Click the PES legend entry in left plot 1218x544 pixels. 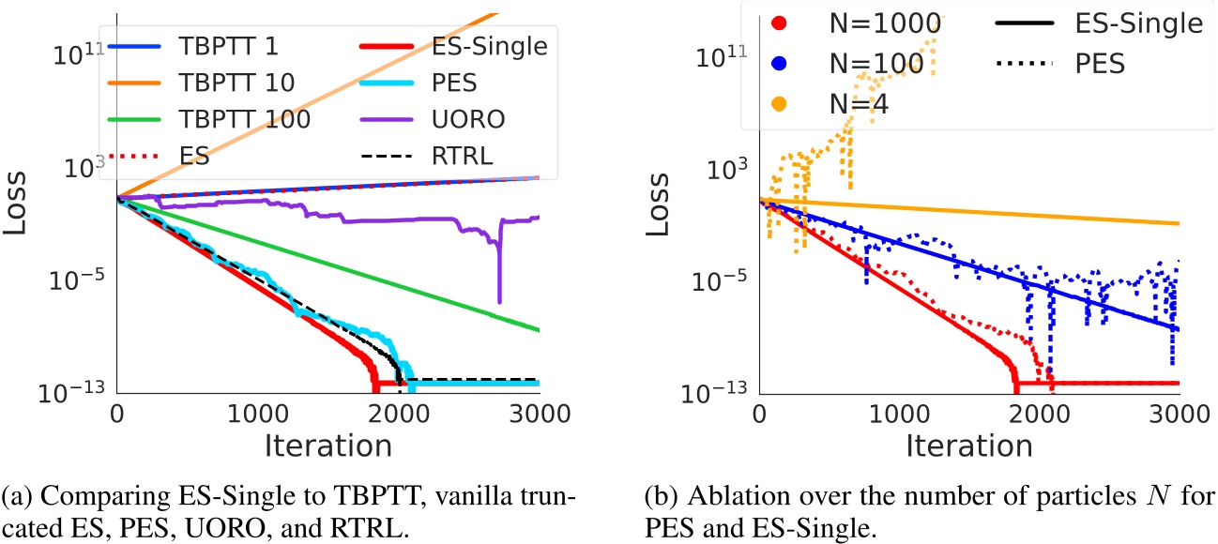[428, 83]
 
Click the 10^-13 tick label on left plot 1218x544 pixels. [73, 389]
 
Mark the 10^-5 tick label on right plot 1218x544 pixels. [717, 279]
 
